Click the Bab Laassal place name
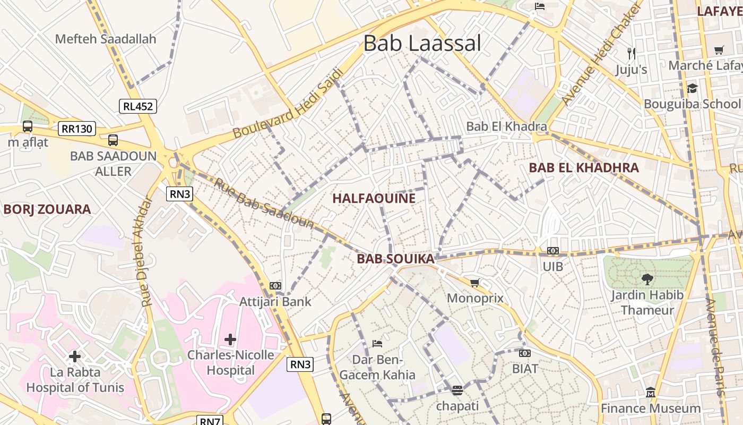click(422, 43)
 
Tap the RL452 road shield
click(137, 106)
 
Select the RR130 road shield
click(77, 129)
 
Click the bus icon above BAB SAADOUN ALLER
click(113, 140)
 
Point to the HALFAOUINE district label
click(374, 198)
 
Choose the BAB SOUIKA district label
click(395, 259)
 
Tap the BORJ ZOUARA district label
click(47, 209)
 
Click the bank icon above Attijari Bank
click(275, 286)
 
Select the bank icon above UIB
click(552, 251)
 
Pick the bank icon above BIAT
click(525, 353)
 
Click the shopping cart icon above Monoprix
click(474, 283)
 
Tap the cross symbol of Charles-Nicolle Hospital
click(230, 339)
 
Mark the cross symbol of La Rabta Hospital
click(75, 356)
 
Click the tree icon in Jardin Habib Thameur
click(647, 279)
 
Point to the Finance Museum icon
click(651, 393)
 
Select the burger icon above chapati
click(457, 390)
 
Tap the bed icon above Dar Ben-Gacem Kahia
click(377, 343)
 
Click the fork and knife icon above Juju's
click(631, 53)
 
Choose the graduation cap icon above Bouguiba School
click(692, 88)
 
